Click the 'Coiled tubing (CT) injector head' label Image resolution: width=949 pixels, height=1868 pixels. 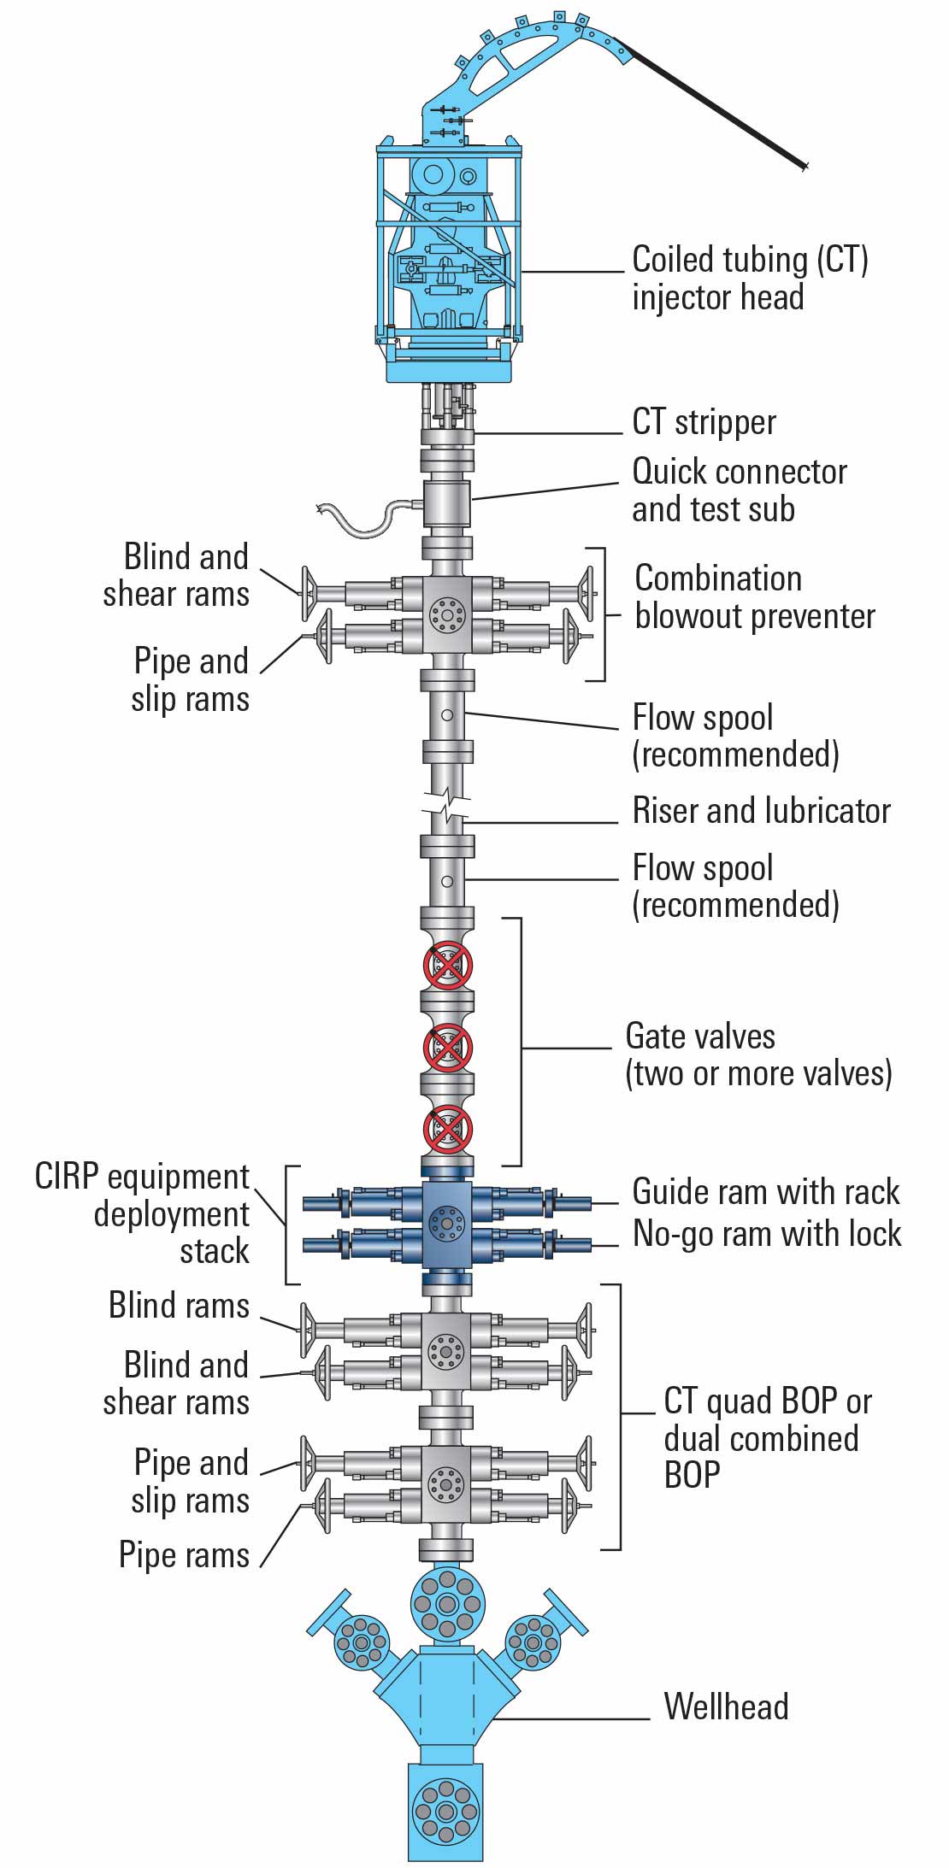pyautogui.click(x=749, y=279)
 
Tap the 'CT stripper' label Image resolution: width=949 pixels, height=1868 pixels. pyautogui.click(x=704, y=422)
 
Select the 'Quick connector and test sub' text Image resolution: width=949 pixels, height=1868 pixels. pyautogui.click(x=739, y=490)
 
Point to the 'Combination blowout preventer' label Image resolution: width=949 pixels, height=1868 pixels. pyautogui.click(x=754, y=597)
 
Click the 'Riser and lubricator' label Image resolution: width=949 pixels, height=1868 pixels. pyautogui.click(x=761, y=811)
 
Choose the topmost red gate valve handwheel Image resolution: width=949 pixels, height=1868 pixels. pyautogui.click(x=447, y=966)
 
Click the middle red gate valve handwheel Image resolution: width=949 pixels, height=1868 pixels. pyautogui.click(x=447, y=1048)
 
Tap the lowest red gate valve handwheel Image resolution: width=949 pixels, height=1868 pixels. pyautogui.click(x=447, y=1129)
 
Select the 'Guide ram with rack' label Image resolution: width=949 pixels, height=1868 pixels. pyautogui.click(x=765, y=1192)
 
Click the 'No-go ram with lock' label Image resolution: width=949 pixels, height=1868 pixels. pyautogui.click(x=766, y=1234)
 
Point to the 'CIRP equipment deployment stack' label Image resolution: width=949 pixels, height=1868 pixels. pyautogui.click(x=144, y=1214)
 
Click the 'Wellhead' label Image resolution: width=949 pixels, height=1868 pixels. pyautogui.click(x=726, y=1706)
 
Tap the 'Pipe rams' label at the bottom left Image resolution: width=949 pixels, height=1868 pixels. pyautogui.click(x=184, y=1555)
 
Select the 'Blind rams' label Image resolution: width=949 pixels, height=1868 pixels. pyautogui.click(x=179, y=1306)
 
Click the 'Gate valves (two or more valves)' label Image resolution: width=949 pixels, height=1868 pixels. pyautogui.click(x=757, y=1054)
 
